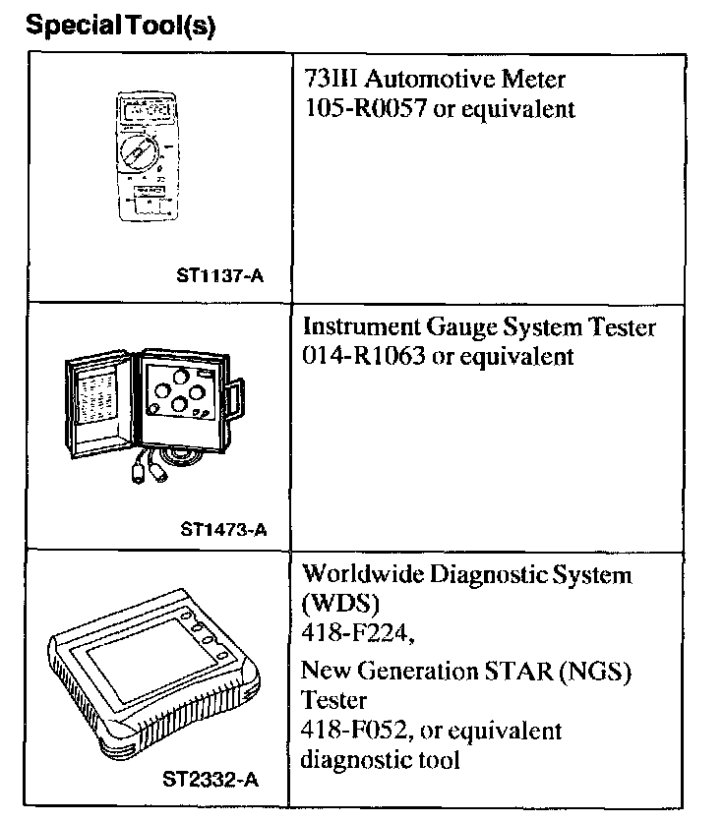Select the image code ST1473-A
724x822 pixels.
(223, 531)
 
